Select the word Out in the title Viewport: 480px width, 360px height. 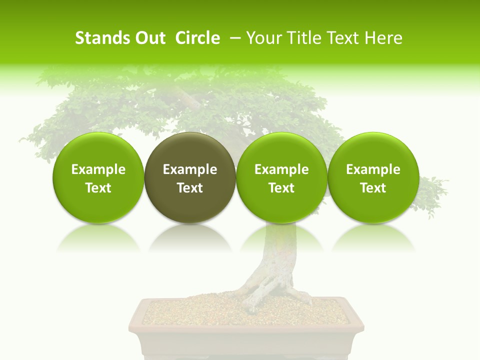point(148,38)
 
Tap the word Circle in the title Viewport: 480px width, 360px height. point(197,38)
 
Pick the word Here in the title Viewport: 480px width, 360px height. point(384,38)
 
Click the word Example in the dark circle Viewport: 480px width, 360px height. point(190,169)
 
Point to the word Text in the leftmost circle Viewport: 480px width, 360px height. point(98,188)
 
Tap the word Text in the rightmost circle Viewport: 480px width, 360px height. point(373,188)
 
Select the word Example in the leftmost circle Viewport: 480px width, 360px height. point(98,169)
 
